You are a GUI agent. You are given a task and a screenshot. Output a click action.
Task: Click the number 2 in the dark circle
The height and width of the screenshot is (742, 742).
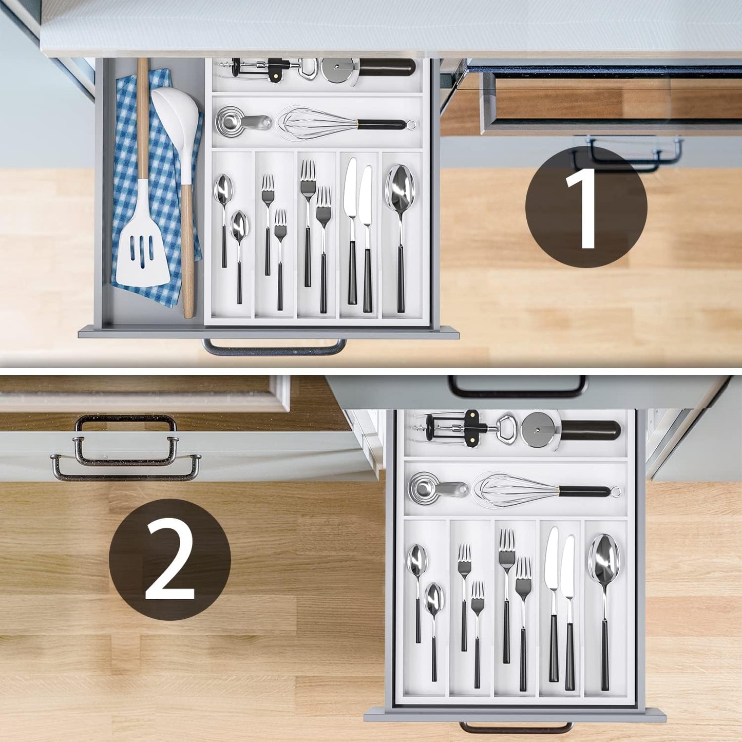[x=170, y=560]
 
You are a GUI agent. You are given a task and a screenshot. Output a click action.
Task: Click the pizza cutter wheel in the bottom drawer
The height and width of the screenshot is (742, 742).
[x=538, y=429]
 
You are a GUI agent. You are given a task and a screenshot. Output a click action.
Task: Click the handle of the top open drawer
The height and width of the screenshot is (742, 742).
[x=275, y=350]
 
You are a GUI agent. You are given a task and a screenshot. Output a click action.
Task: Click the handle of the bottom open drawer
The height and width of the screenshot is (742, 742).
[x=516, y=729]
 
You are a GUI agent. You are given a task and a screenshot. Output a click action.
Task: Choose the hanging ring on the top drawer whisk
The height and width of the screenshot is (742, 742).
[x=411, y=124]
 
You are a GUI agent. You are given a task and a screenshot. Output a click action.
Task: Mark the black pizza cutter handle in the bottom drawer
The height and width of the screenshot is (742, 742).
[x=591, y=430]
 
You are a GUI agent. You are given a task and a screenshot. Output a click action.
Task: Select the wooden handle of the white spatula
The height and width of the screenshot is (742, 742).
[x=142, y=118]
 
